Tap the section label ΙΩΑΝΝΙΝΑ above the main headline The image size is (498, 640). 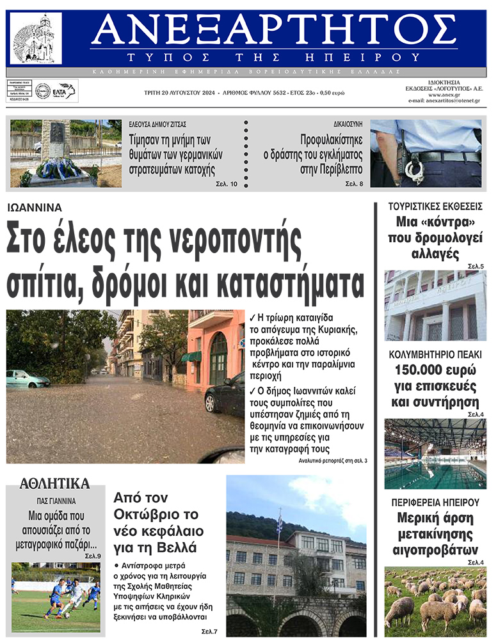tap(35, 207)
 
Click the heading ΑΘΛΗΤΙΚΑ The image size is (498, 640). tap(55, 483)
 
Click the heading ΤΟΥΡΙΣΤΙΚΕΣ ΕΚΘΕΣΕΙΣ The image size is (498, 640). tap(435, 207)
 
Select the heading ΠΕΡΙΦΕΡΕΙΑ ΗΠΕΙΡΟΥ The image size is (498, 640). tap(435, 503)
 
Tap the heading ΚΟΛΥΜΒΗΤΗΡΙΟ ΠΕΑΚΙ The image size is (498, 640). tap(435, 354)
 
